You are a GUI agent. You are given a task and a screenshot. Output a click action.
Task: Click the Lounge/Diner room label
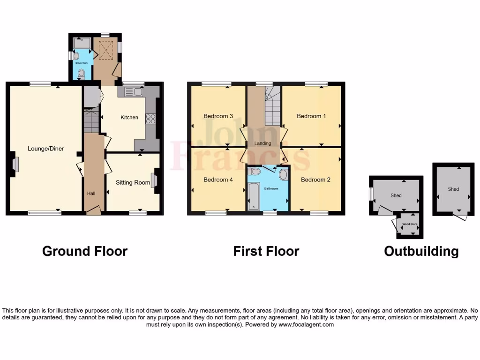tap(45, 149)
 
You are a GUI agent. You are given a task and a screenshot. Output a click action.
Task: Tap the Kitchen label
tap(129, 117)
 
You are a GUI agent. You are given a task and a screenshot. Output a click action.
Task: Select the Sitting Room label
tap(133, 182)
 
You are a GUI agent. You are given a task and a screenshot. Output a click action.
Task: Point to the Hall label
tap(91, 193)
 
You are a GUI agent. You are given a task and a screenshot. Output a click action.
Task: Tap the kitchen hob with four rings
tap(151, 119)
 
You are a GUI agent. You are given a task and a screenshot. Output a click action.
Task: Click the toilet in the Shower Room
tap(82, 73)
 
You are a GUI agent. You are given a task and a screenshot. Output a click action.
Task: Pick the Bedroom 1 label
tap(312, 116)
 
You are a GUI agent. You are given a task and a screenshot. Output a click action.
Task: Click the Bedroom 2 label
tap(313, 180)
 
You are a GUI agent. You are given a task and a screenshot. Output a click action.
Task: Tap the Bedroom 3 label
tap(218, 116)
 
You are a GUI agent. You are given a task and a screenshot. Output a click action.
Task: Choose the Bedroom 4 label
tap(218, 180)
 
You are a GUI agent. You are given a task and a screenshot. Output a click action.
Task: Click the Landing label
tap(262, 143)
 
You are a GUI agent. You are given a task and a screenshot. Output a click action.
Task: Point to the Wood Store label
tap(410, 225)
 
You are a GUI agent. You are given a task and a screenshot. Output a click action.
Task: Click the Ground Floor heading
tap(85, 251)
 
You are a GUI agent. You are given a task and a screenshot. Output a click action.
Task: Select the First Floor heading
tap(266, 251)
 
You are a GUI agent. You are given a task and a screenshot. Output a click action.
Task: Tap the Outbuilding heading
tap(421, 251)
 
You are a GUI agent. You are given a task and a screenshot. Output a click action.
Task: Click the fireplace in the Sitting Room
tap(154, 180)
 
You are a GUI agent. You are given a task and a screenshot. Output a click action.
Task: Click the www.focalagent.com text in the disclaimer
tap(306, 324)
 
